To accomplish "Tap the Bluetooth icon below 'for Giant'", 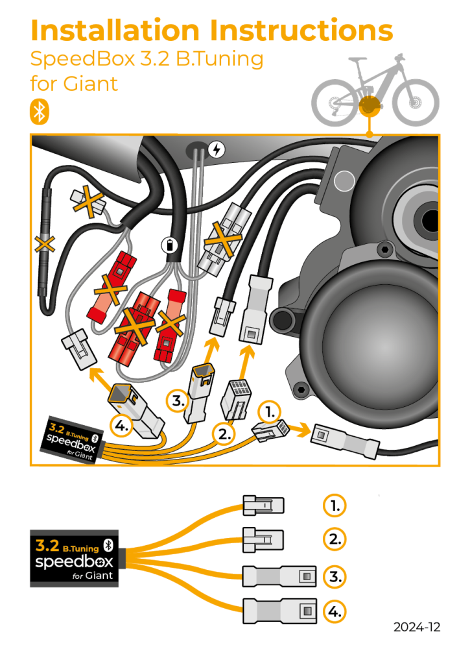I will tap(40, 112).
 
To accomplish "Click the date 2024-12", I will tap(416, 627).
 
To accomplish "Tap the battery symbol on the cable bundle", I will tap(168, 245).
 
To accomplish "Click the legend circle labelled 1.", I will tap(334, 506).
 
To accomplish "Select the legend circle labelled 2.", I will tap(334, 539).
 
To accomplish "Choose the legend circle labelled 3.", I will tap(334, 576).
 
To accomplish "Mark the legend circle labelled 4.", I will tap(334, 611).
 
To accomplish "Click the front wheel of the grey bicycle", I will tap(416, 103).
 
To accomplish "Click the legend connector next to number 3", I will tap(279, 576).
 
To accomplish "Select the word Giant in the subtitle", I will tap(94, 84).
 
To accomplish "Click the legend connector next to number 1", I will tap(263, 505).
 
